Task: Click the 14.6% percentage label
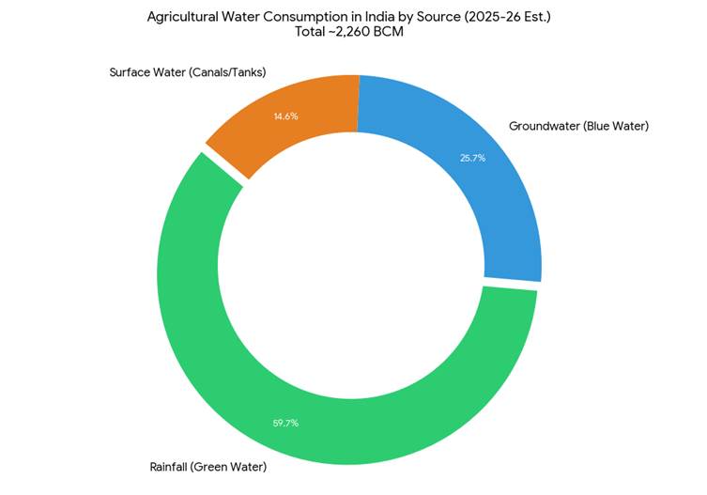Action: coord(285,116)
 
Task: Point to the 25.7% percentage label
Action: coord(472,159)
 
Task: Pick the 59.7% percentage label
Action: coord(285,424)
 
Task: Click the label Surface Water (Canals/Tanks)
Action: coord(188,72)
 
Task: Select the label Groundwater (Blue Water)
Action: coord(578,125)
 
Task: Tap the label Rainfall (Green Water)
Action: coord(208,467)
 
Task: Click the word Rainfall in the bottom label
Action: coord(171,467)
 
